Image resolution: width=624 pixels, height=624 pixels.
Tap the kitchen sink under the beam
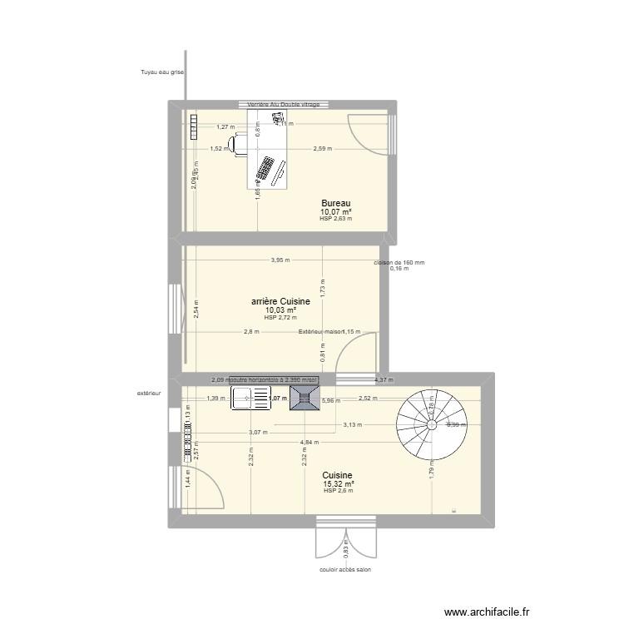247,399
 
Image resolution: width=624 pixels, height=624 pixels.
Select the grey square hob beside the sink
301,398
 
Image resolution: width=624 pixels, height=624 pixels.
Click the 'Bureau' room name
336,203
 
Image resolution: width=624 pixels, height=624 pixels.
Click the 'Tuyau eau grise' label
161,72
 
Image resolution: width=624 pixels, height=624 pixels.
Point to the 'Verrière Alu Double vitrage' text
283,104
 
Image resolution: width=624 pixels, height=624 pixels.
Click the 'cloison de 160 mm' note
399,262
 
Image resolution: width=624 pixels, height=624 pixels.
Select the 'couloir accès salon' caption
344,570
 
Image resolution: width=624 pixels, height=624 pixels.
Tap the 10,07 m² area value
336,211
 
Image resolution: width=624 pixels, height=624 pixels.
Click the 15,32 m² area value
339,483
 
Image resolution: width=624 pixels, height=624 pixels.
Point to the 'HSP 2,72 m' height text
280,318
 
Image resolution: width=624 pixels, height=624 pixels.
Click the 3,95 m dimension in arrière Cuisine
280,260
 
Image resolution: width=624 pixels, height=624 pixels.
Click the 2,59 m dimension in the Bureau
323,149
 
